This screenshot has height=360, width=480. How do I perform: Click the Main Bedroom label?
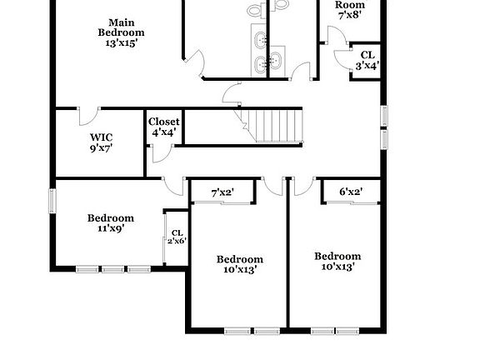[121, 27]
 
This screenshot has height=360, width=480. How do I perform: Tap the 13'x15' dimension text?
[121, 42]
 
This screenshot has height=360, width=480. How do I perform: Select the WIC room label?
[102, 137]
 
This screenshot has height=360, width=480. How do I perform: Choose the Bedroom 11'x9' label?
[111, 217]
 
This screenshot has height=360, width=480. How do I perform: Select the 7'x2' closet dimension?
[222, 192]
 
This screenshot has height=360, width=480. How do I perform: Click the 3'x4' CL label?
[367, 60]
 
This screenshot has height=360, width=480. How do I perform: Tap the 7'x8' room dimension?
[351, 14]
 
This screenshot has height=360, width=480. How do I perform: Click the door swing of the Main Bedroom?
[195, 63]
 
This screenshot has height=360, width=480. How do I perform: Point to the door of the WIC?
[89, 114]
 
